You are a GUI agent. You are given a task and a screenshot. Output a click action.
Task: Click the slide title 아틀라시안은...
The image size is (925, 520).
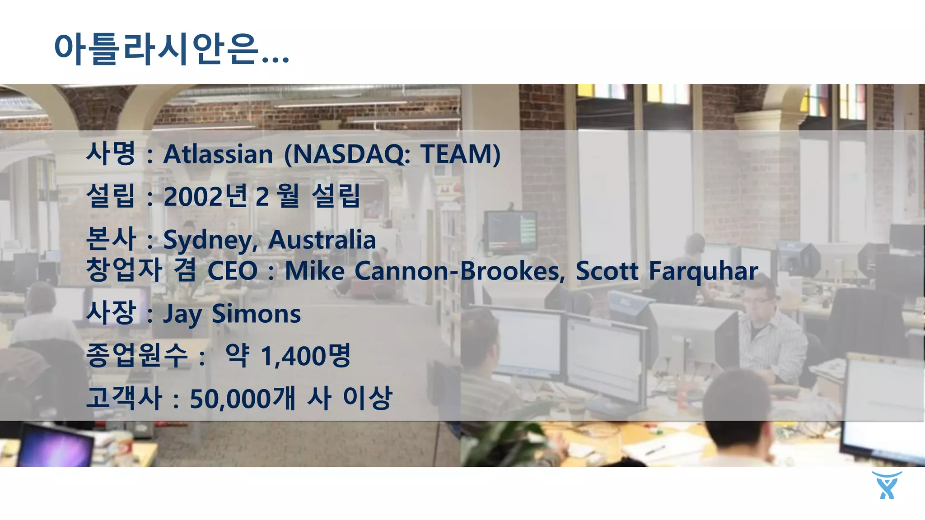tap(172, 49)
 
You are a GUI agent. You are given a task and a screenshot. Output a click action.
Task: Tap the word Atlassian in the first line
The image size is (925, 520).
tap(218, 154)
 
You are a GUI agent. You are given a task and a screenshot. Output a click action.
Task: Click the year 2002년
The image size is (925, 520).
tap(206, 196)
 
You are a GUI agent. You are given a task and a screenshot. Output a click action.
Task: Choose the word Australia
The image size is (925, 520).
tap(322, 240)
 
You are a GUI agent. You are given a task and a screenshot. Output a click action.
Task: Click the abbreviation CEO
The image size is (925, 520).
tap(232, 271)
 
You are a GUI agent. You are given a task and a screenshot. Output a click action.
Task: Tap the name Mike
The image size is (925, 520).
tap(314, 271)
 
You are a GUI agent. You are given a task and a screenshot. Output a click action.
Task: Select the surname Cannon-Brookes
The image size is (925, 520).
tap(459, 271)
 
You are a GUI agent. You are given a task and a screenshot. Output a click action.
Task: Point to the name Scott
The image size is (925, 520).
tap(607, 271)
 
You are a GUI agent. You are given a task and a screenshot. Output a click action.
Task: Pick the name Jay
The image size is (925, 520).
tap(182, 314)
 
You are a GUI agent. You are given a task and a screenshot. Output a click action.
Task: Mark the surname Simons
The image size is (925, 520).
tap(256, 314)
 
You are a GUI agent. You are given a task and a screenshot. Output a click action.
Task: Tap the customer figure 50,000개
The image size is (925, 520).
tap(243, 399)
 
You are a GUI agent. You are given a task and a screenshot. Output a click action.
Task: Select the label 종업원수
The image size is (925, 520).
tap(136, 355)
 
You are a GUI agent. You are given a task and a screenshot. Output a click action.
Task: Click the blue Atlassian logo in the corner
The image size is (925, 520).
tap(887, 485)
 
